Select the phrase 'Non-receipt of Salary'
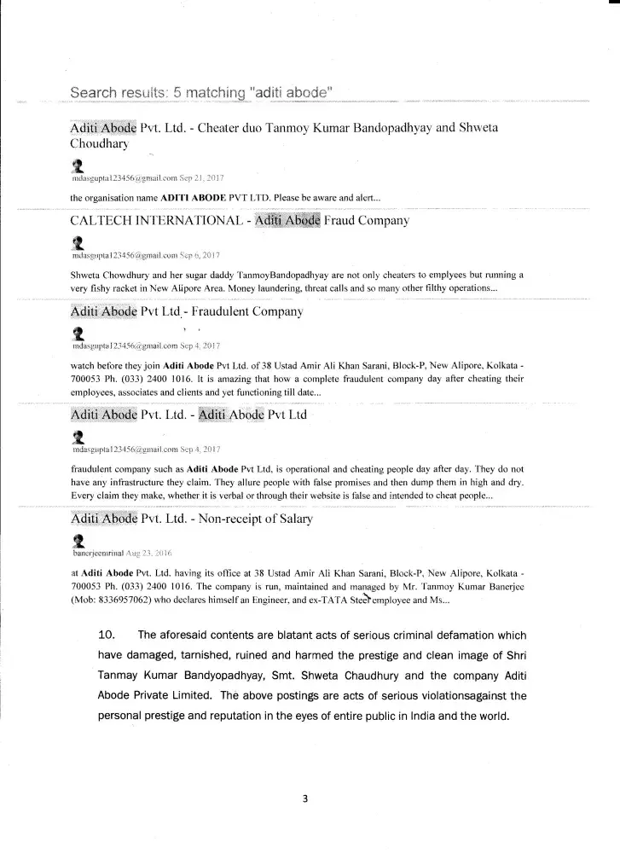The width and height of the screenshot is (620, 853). click(267, 519)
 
